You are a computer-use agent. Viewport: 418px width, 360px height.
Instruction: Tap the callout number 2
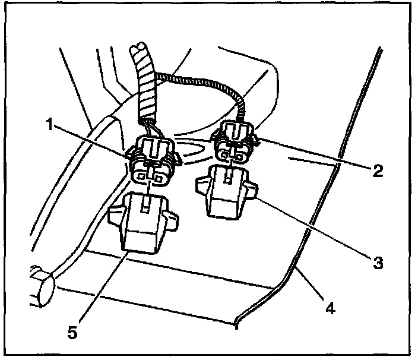(x=376, y=172)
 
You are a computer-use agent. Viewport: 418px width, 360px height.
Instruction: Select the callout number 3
(x=377, y=261)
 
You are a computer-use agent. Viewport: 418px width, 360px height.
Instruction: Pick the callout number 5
(x=72, y=333)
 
